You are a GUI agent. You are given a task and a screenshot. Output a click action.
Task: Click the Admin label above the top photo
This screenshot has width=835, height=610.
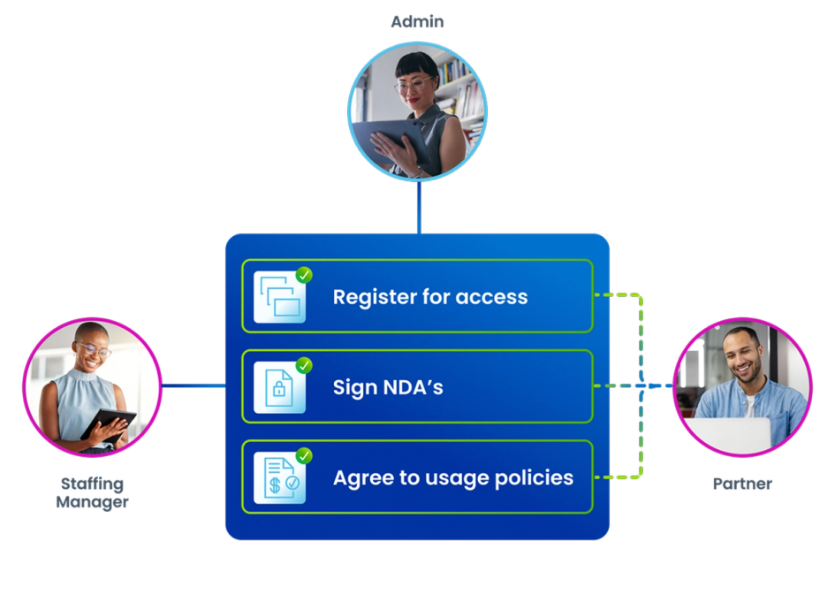click(x=417, y=22)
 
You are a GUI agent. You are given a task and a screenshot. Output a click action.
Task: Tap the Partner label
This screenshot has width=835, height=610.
click(x=742, y=484)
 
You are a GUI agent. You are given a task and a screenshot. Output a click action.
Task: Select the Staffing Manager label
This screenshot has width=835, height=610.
click(x=92, y=492)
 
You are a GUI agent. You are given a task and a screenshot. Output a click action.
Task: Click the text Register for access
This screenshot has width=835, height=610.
click(x=430, y=297)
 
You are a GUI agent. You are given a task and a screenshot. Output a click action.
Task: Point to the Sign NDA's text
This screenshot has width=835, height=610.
click(x=388, y=387)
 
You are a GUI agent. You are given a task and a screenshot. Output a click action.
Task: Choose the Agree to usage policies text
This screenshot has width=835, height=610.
click(x=453, y=478)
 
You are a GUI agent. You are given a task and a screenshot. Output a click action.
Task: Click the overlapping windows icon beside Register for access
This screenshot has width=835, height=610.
click(x=279, y=297)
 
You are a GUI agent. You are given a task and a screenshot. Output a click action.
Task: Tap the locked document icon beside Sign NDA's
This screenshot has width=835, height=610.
click(x=279, y=387)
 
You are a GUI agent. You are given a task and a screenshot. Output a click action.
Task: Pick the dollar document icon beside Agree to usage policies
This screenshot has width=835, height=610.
click(x=279, y=478)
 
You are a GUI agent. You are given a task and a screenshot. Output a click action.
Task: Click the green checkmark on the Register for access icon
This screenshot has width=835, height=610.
click(x=304, y=275)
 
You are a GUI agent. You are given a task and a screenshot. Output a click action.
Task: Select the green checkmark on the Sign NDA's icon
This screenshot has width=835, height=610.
click(x=304, y=365)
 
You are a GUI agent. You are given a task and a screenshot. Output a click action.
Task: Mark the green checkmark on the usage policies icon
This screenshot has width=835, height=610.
click(x=304, y=456)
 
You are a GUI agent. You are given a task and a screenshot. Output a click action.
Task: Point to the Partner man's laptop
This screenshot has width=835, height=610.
click(x=727, y=435)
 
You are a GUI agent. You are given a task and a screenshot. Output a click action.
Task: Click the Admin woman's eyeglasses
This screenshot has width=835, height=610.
click(x=414, y=85)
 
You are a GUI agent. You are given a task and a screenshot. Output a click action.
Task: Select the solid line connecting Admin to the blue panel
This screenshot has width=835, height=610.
click(x=419, y=207)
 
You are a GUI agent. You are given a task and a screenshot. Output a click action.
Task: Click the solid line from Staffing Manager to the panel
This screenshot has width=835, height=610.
click(x=194, y=385)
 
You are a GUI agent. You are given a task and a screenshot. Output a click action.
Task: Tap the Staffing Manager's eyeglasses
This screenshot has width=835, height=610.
click(x=95, y=350)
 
